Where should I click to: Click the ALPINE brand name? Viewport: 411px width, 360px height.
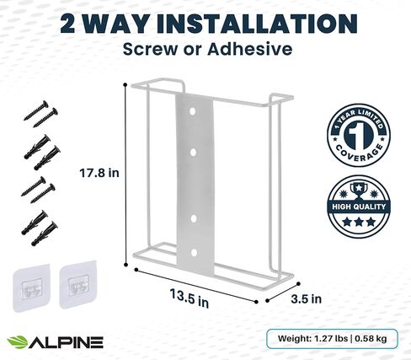tap(67, 341)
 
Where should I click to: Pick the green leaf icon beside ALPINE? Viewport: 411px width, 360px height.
tap(18, 341)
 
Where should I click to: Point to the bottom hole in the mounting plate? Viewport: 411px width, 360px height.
tap(195, 250)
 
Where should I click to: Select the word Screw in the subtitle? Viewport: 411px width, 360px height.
tap(149, 50)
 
